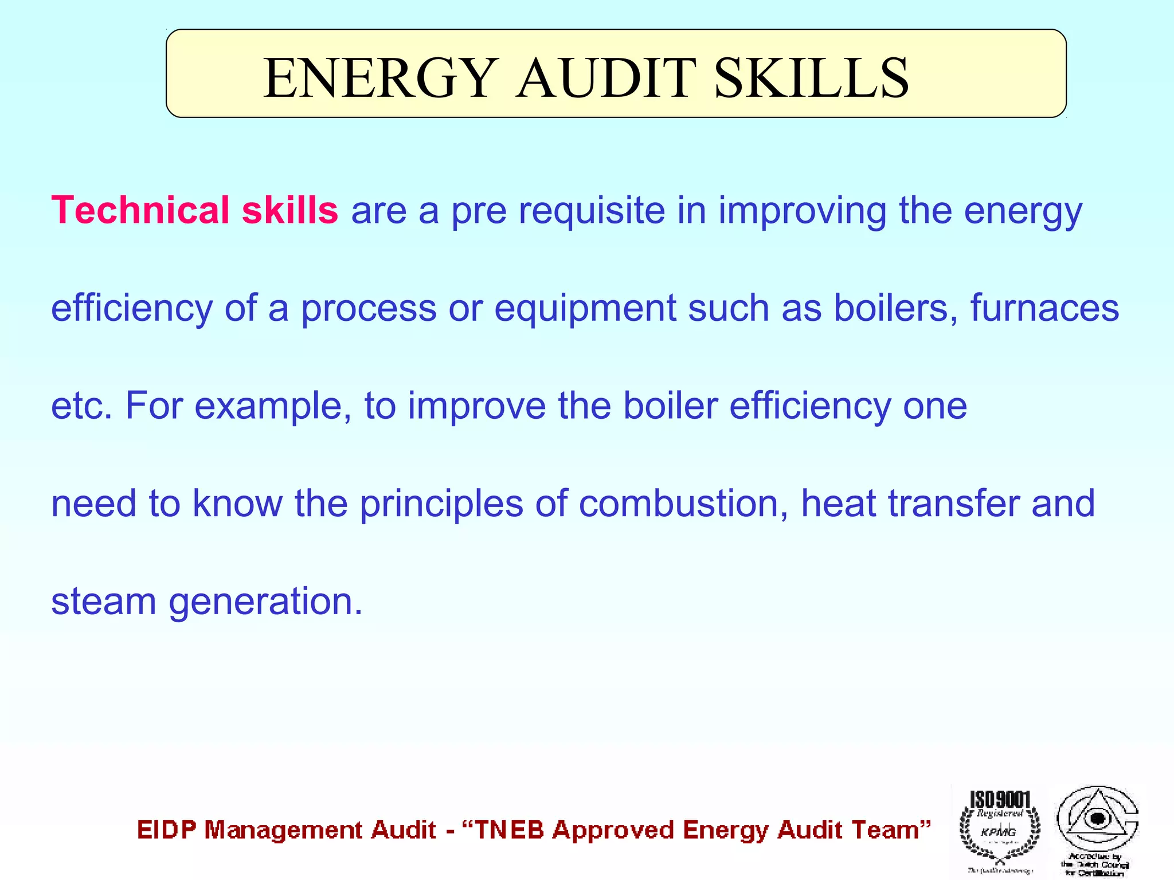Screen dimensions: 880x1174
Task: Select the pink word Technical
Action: click(x=140, y=210)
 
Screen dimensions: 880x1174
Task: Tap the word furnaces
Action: click(x=1044, y=308)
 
